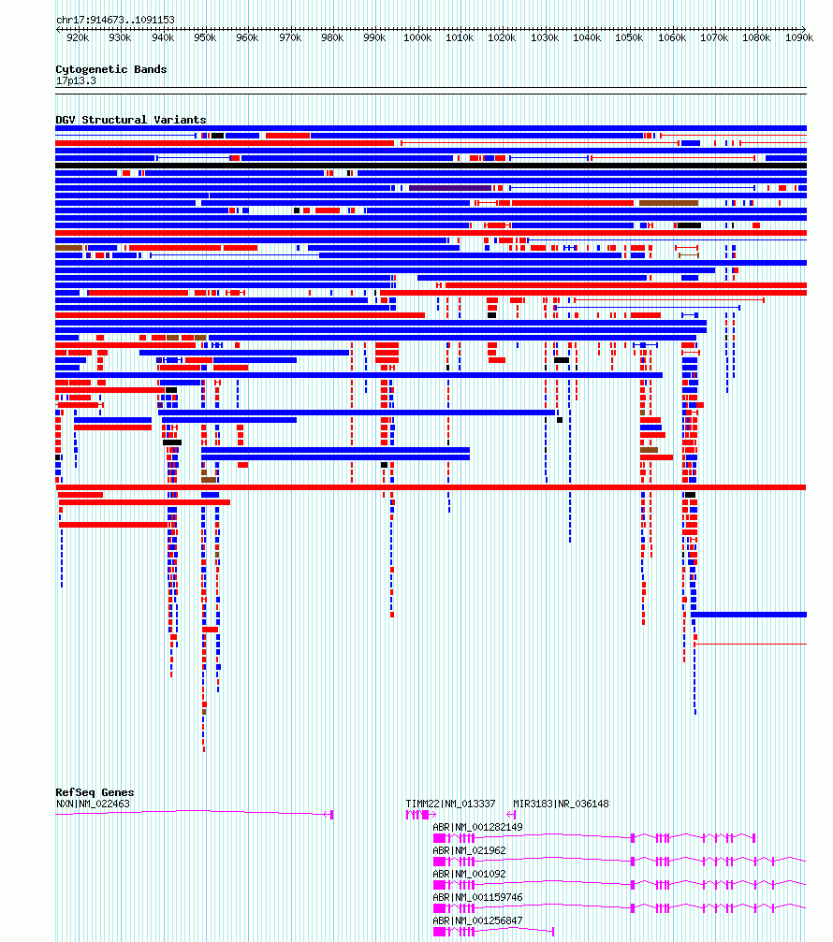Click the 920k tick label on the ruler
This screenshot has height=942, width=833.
(78, 37)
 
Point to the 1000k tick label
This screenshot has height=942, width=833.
(417, 37)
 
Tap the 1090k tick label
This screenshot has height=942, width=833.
(798, 37)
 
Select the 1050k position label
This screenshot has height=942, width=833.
(629, 37)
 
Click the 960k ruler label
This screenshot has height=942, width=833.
(247, 37)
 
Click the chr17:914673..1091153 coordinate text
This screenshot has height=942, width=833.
(115, 20)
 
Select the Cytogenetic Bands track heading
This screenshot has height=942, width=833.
(111, 69)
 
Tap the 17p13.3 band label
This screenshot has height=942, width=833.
(76, 80)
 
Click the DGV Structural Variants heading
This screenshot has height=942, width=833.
(131, 120)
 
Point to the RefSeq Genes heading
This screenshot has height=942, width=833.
(95, 792)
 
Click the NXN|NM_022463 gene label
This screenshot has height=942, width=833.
(94, 804)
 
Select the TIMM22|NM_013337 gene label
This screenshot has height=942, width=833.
(451, 804)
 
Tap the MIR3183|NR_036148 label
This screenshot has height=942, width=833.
(561, 804)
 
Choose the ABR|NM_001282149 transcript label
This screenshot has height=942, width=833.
(477, 827)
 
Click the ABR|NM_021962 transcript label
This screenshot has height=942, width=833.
(470, 850)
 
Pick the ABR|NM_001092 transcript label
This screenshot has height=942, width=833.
(470, 874)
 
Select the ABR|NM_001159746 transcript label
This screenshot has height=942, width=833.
(477, 897)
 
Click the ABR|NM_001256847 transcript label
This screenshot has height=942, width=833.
(477, 921)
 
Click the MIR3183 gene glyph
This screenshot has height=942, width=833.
(511, 815)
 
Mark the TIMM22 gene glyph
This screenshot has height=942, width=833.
(420, 815)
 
